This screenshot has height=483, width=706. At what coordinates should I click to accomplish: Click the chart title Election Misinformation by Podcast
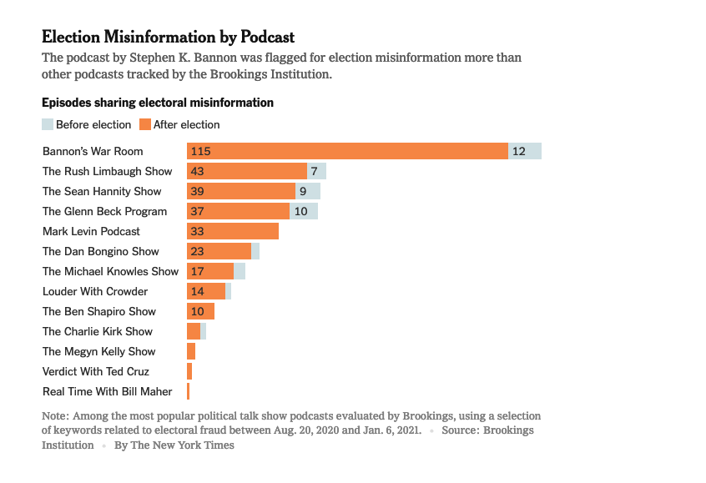168,38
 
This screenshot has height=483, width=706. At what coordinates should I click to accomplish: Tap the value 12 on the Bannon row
519,151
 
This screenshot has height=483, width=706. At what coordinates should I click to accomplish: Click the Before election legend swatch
48,124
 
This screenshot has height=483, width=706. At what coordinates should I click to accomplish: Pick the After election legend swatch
144,124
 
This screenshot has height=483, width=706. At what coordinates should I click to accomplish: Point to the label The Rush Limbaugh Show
107,171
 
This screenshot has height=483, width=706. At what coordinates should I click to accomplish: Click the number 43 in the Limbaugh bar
198,171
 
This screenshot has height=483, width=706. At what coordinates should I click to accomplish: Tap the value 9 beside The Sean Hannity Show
303,191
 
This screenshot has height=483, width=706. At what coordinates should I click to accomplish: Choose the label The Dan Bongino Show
100,251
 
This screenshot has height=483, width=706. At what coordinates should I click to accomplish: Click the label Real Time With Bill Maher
107,391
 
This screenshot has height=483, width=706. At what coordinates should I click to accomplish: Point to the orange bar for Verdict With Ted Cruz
189,371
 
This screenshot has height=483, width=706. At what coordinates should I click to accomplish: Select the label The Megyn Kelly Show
98,351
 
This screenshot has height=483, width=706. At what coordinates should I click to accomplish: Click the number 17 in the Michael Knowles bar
198,271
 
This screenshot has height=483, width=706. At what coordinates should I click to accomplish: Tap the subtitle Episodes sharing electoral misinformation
158,103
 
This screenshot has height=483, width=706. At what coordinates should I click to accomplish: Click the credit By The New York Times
174,445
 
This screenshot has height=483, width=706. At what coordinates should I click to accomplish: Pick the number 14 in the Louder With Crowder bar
198,291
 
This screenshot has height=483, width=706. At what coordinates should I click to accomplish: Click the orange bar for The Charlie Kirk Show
194,331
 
